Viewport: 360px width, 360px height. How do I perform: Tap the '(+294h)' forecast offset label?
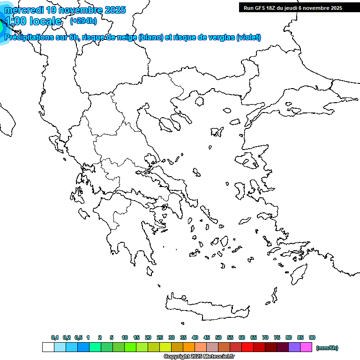pos(83,21)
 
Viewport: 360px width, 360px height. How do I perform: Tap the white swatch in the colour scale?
pos(48,347)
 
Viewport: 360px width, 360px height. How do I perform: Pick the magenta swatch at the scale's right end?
pos(306,347)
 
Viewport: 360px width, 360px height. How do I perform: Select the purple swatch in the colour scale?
pos(294,347)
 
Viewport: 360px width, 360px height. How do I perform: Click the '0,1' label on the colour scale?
pos(55,337)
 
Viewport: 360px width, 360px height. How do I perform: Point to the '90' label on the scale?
pos(312,337)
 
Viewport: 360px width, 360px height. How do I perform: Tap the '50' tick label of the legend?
pos(218,337)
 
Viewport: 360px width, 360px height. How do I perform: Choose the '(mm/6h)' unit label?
pos(327,348)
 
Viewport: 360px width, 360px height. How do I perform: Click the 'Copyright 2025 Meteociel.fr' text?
pos(199,356)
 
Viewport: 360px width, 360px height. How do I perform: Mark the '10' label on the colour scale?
pos(125,337)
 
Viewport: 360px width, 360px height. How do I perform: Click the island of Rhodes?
pos(299,274)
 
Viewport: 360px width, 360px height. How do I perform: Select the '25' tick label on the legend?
pos(160,337)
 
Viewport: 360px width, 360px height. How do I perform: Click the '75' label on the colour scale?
pos(277,337)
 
